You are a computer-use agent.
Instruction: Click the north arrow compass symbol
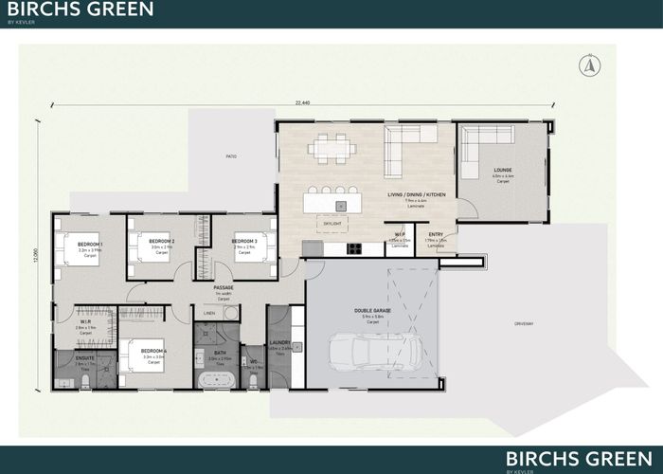click(x=590, y=65)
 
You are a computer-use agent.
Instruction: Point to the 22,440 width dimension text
click(x=302, y=101)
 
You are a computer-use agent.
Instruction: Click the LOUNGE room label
click(x=502, y=171)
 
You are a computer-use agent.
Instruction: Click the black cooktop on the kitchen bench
click(x=354, y=248)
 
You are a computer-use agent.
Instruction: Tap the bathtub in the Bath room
click(x=217, y=379)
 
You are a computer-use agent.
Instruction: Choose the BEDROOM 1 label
click(x=90, y=245)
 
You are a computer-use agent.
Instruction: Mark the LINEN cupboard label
click(x=207, y=313)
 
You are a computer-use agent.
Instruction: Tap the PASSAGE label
click(x=224, y=287)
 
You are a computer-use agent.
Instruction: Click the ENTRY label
click(x=436, y=235)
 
